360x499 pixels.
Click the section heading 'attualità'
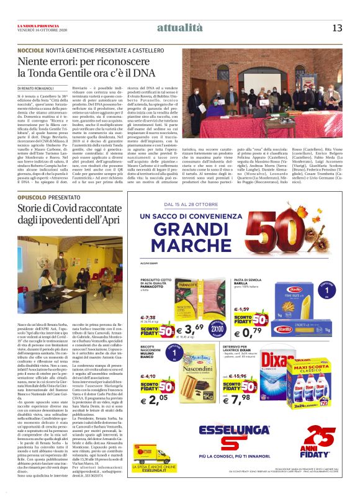[180, 27]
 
